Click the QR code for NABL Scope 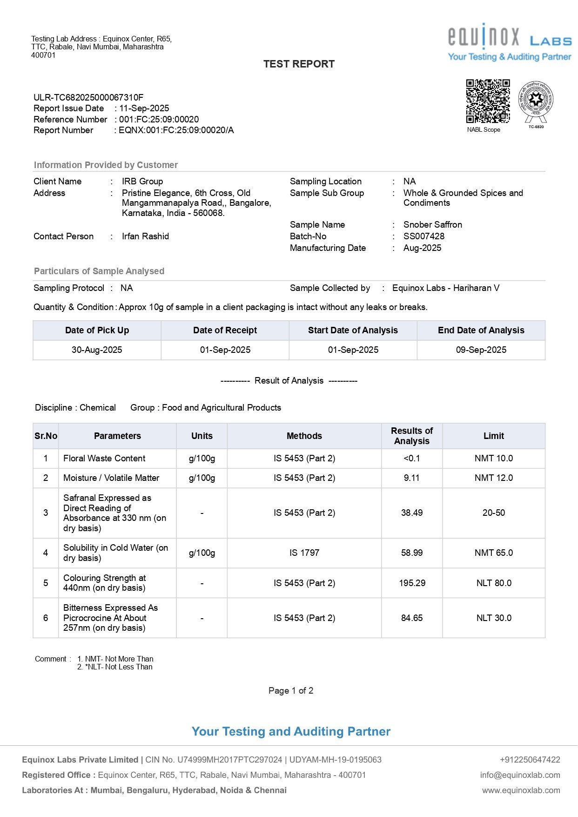click(x=488, y=101)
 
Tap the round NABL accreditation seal click(x=536, y=99)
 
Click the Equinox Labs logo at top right click(x=510, y=42)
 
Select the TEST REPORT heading click(x=299, y=64)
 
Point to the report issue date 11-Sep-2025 click(x=144, y=108)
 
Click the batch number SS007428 click(x=423, y=236)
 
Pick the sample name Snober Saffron click(x=432, y=225)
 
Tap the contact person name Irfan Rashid click(x=145, y=236)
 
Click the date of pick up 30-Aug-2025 click(x=97, y=350)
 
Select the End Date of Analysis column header click(x=481, y=331)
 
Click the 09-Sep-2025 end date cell click(x=481, y=350)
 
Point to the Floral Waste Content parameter click(x=104, y=459)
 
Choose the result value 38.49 click(x=412, y=513)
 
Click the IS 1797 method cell click(x=304, y=553)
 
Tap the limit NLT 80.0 click(x=493, y=583)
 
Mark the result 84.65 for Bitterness click(x=412, y=618)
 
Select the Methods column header click(x=304, y=436)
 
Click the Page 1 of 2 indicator click(x=291, y=691)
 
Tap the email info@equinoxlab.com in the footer click(x=520, y=775)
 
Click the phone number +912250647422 click(x=530, y=760)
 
